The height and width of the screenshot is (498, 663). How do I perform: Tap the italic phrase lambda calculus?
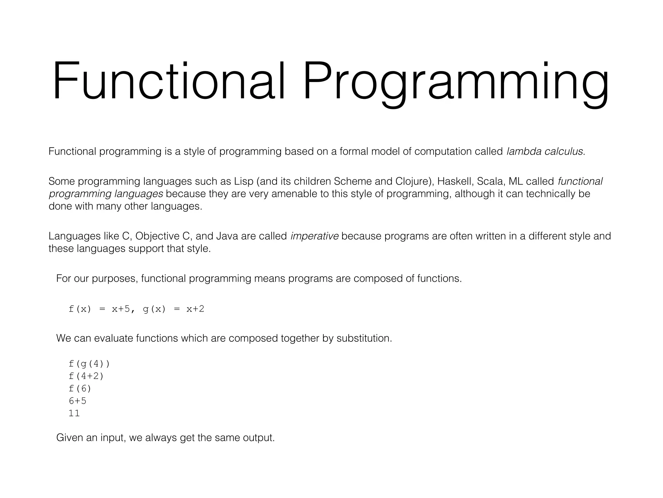545,151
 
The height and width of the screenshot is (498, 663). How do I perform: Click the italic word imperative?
314,236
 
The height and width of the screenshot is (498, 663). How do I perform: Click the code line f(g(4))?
89,364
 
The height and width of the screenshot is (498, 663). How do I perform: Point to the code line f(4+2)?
86,376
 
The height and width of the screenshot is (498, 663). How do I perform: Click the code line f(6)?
80,388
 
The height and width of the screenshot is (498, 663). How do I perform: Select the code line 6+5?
77,401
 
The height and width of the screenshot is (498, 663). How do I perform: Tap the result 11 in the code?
74,413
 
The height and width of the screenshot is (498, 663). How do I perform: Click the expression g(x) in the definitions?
154,309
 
